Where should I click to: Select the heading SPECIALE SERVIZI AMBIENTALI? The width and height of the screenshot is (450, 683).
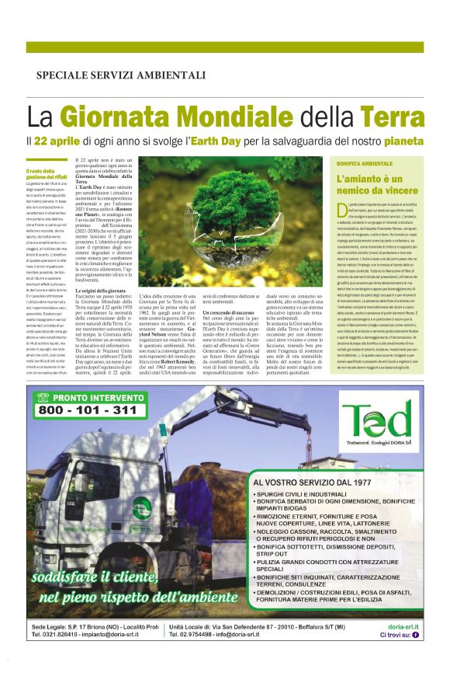pos(120,75)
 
